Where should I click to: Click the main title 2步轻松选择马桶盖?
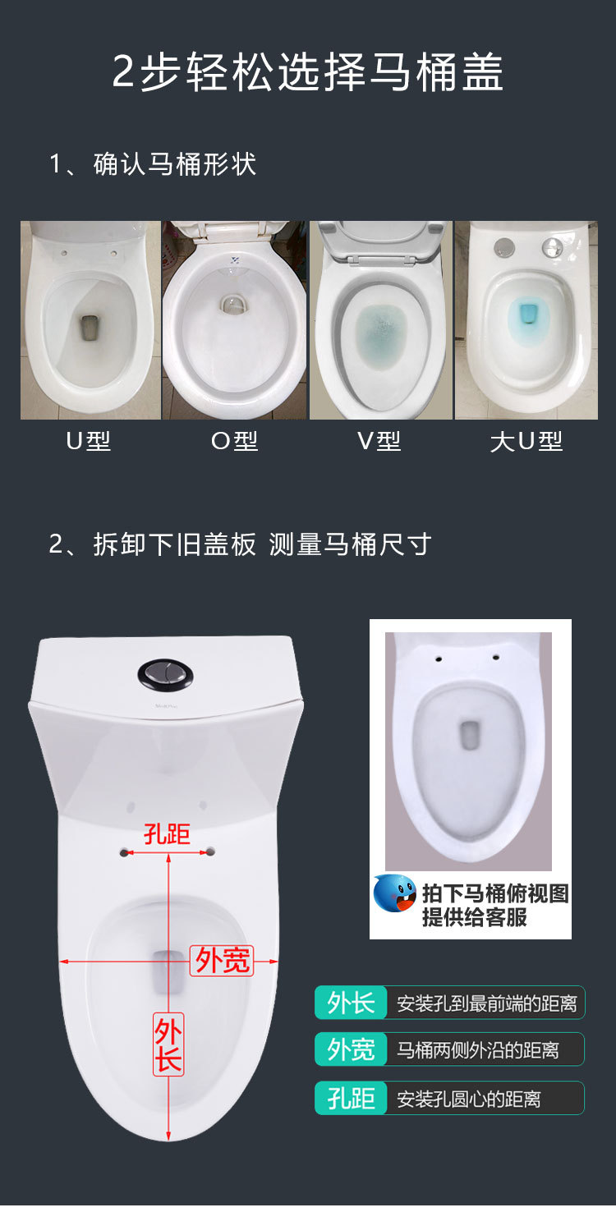coord(308,72)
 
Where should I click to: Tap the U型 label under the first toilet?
coord(88,442)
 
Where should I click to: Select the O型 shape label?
coord(234,442)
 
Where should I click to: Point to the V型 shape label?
coord(379,442)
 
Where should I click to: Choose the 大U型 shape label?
coord(526,442)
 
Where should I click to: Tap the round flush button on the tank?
coord(165,675)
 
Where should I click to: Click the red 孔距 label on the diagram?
coord(167,833)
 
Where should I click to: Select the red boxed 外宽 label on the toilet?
coord(222,961)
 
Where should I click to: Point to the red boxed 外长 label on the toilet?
coord(168,1044)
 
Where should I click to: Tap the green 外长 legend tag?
coord(351,1003)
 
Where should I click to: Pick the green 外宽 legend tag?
coord(351,1049)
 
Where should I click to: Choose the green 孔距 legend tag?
coord(351,1098)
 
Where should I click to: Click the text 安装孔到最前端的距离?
coord(486,1003)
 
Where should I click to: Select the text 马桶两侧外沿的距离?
coord(478,1049)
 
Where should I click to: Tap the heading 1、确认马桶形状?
coord(152,164)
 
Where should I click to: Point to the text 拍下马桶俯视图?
coord(495,893)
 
